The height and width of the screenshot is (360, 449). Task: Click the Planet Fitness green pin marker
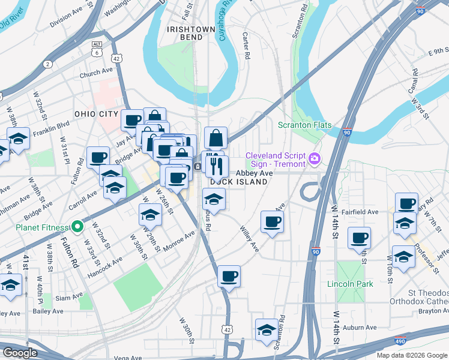pos(77,227)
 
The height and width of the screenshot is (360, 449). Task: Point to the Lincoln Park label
pos(350,284)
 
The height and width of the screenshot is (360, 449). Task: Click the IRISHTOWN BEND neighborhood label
pos(189,32)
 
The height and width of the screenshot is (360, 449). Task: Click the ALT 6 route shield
pos(97,49)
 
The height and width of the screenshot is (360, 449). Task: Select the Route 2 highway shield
pos(47,64)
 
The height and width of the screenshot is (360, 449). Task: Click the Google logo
pos(19,352)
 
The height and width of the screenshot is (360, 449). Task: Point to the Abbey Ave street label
pos(254,173)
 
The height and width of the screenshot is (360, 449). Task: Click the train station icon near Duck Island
pos(197,167)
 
